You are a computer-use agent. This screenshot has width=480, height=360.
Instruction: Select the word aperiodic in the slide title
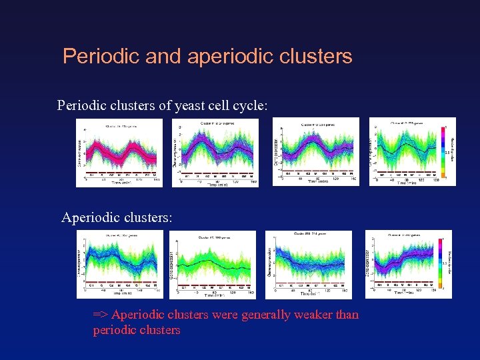click(217, 57)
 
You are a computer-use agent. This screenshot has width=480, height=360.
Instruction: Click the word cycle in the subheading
click(251, 105)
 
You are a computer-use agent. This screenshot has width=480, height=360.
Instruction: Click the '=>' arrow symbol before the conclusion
click(101, 315)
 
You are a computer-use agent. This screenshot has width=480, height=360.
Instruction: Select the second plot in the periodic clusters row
click(215, 152)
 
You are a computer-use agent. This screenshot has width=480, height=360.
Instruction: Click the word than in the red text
click(347, 315)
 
